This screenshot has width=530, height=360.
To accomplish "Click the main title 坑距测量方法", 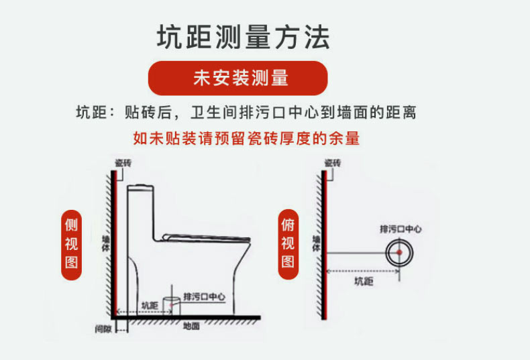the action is [x=243, y=37].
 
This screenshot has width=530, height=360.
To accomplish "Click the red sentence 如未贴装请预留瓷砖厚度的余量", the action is [x=246, y=139].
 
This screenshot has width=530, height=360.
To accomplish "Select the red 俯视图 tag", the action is [x=288, y=243].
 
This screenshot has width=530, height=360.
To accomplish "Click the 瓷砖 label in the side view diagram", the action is [x=123, y=163].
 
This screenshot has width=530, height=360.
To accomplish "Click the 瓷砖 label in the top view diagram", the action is [x=333, y=163].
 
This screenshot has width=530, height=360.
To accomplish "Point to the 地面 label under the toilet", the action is [x=191, y=326].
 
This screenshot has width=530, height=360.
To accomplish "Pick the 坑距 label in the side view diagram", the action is [x=149, y=305].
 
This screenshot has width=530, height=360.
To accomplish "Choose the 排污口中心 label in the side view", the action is [x=204, y=296].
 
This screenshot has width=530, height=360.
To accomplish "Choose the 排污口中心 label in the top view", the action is [x=401, y=229].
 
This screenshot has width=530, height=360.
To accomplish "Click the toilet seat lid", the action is [x=208, y=237].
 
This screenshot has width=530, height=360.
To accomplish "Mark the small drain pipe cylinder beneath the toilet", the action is [x=172, y=303].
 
